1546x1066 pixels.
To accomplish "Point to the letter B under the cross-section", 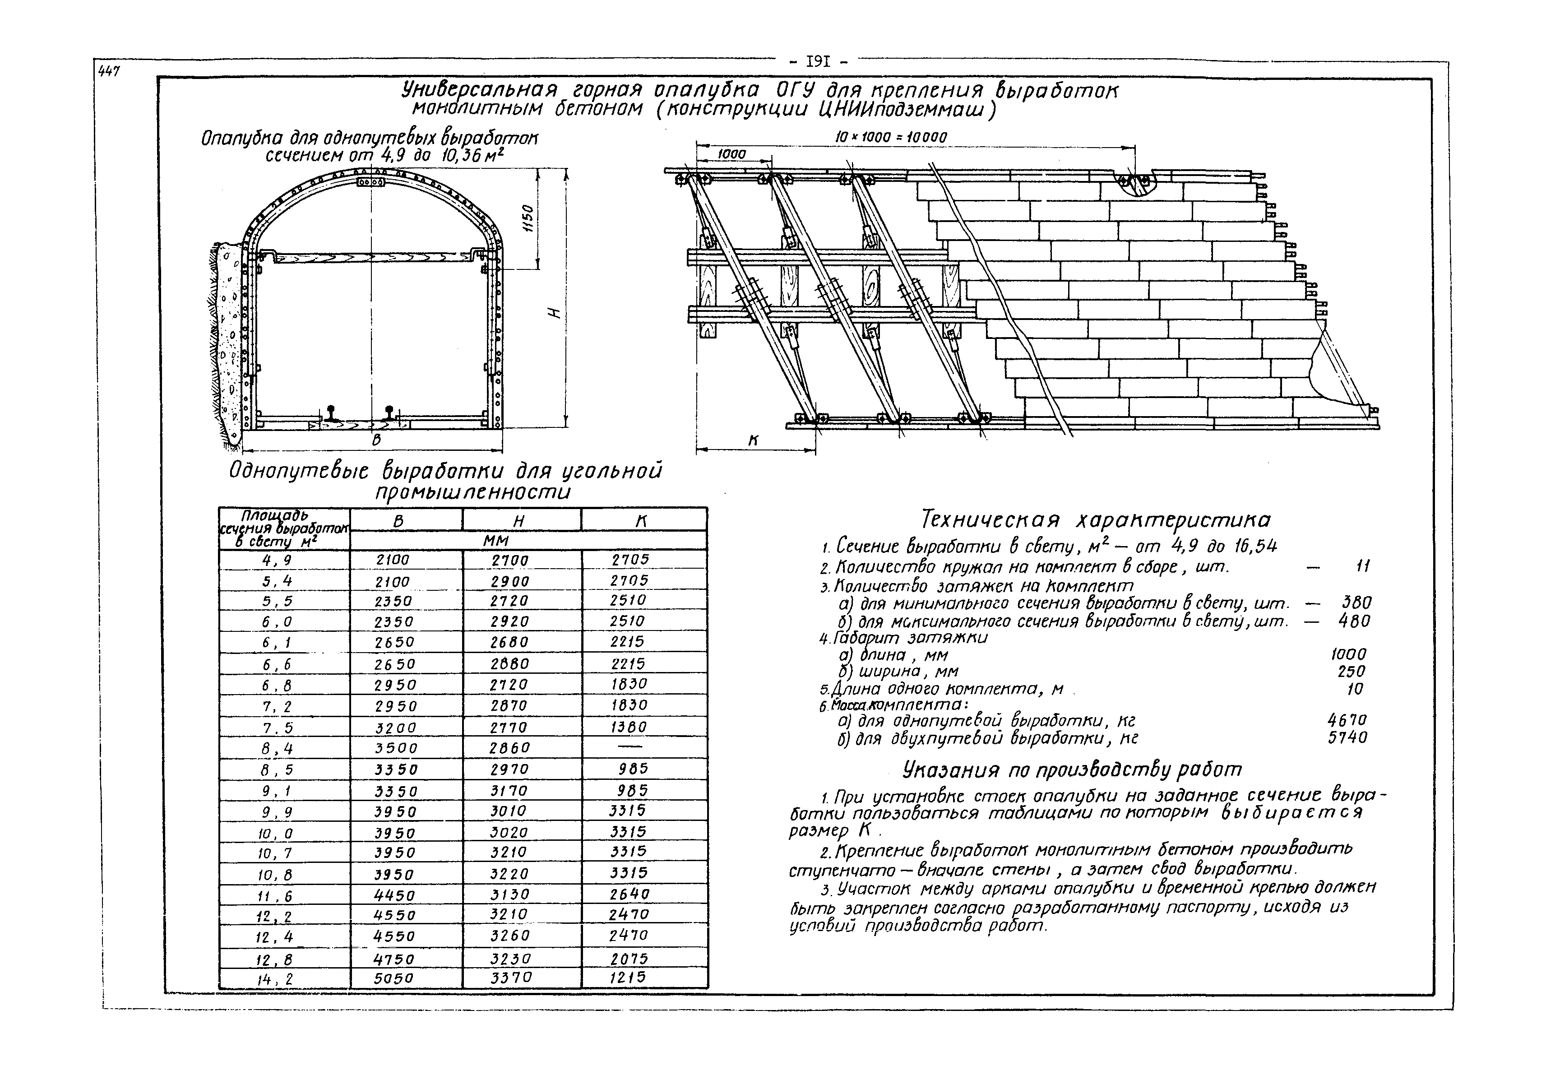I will [377, 440].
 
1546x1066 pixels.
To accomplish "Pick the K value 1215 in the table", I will [629, 977].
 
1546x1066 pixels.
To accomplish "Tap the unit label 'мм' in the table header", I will [497, 540].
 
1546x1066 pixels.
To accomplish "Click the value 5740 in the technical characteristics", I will [1347, 738].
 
